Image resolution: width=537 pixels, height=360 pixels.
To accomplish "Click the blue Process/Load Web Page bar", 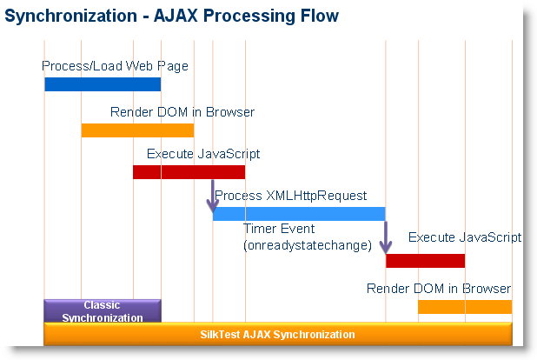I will click(x=103, y=84).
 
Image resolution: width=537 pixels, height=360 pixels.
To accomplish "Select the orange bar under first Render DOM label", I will click(x=137, y=130).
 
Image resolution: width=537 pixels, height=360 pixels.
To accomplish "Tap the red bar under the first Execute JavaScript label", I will click(x=189, y=172).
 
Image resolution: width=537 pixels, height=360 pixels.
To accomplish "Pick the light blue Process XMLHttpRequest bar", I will click(x=299, y=214).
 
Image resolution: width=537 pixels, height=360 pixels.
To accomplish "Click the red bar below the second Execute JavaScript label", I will click(x=425, y=261).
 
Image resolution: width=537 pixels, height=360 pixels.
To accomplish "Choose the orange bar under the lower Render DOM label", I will click(x=464, y=307).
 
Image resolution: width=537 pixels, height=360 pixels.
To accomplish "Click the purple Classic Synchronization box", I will click(x=103, y=311).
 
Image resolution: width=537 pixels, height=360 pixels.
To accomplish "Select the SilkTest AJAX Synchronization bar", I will click(x=277, y=334).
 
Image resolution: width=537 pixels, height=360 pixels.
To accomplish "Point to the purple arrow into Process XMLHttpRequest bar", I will click(x=211, y=197).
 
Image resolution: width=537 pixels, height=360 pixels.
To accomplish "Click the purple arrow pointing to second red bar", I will click(x=386, y=238).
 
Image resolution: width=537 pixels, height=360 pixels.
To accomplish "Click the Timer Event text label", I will click(x=278, y=229).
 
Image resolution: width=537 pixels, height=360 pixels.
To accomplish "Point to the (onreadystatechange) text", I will click(x=308, y=245).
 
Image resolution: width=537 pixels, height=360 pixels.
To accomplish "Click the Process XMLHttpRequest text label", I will click(x=291, y=196).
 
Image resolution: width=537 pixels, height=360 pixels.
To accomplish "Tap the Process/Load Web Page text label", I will click(x=115, y=65).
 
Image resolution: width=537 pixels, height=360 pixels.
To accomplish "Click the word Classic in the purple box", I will click(x=102, y=305).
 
